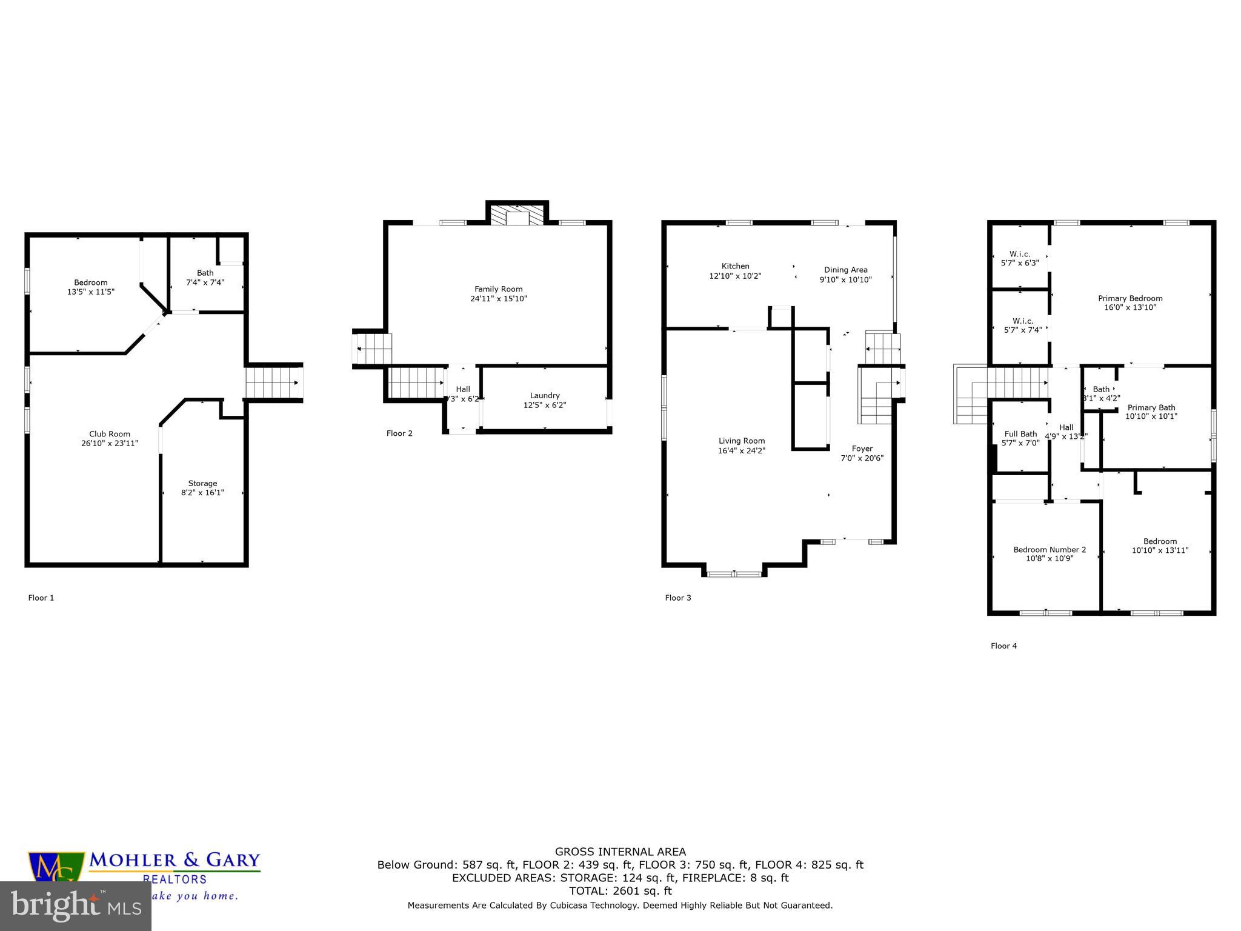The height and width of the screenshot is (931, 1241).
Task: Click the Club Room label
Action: (x=110, y=434)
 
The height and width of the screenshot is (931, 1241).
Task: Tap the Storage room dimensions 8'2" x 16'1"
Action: (x=202, y=493)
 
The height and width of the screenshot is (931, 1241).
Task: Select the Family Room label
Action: (x=498, y=289)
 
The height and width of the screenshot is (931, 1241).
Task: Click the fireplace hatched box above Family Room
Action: (x=517, y=215)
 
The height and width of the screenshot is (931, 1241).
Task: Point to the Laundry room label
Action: (x=544, y=396)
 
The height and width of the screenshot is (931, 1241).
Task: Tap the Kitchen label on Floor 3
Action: (x=735, y=266)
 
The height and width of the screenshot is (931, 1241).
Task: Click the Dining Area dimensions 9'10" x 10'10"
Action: (x=845, y=279)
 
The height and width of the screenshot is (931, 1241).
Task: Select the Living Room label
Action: (x=742, y=441)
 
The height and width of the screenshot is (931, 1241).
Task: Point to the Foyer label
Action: (x=862, y=449)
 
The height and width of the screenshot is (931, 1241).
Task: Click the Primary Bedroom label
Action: (x=1130, y=298)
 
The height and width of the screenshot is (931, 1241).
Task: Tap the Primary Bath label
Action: (x=1151, y=408)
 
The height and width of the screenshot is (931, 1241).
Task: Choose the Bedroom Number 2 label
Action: (x=1050, y=550)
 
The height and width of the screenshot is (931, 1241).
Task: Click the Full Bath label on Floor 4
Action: (x=1020, y=434)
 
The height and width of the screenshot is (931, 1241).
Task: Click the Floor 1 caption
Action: (x=41, y=598)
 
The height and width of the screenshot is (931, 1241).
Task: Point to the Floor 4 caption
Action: (x=1003, y=646)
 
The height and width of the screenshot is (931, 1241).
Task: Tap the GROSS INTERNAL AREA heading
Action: (x=620, y=852)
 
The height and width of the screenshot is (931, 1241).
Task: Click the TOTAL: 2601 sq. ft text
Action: (x=620, y=890)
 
